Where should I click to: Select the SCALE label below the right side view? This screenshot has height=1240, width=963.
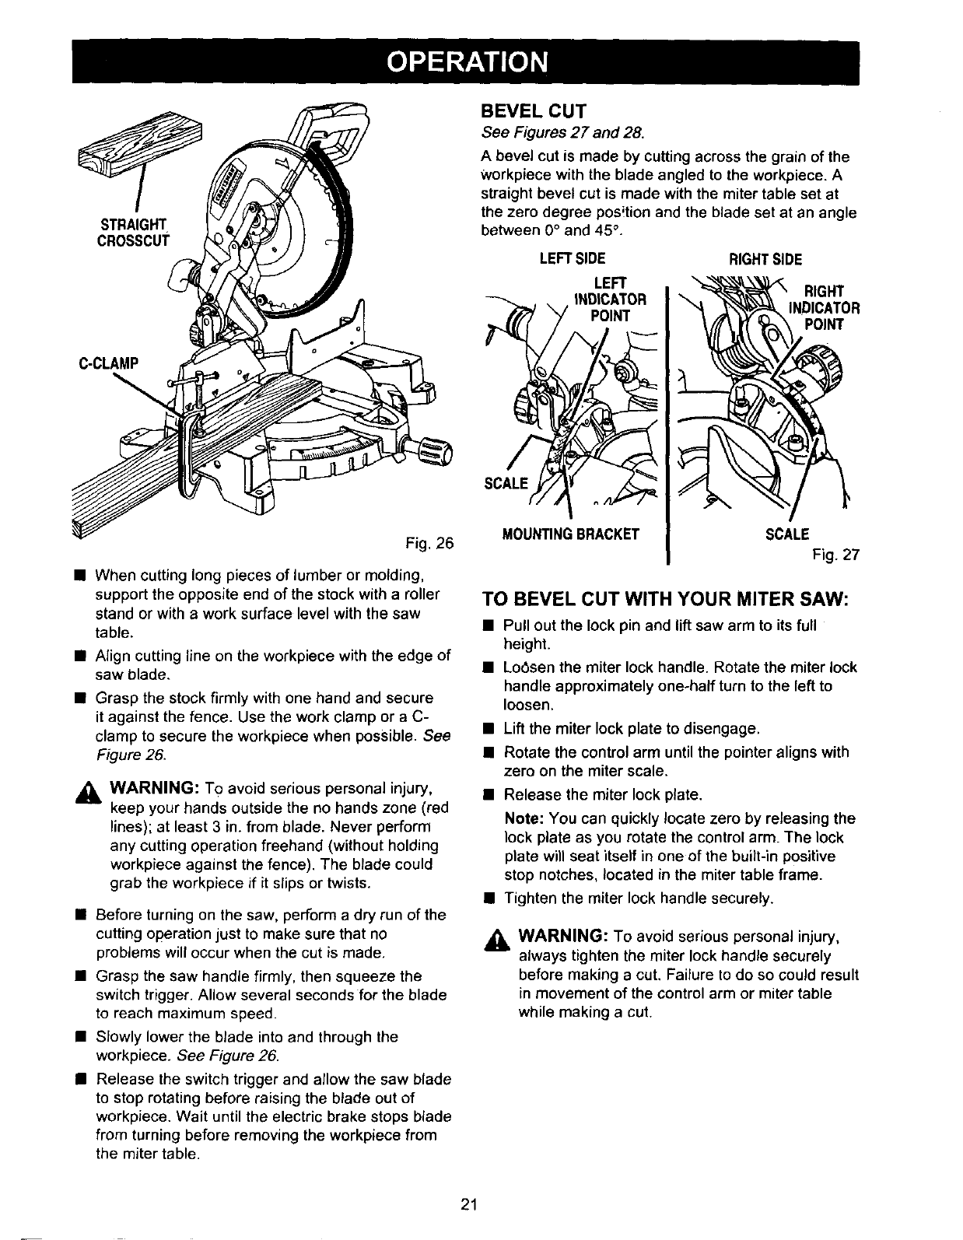(787, 534)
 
